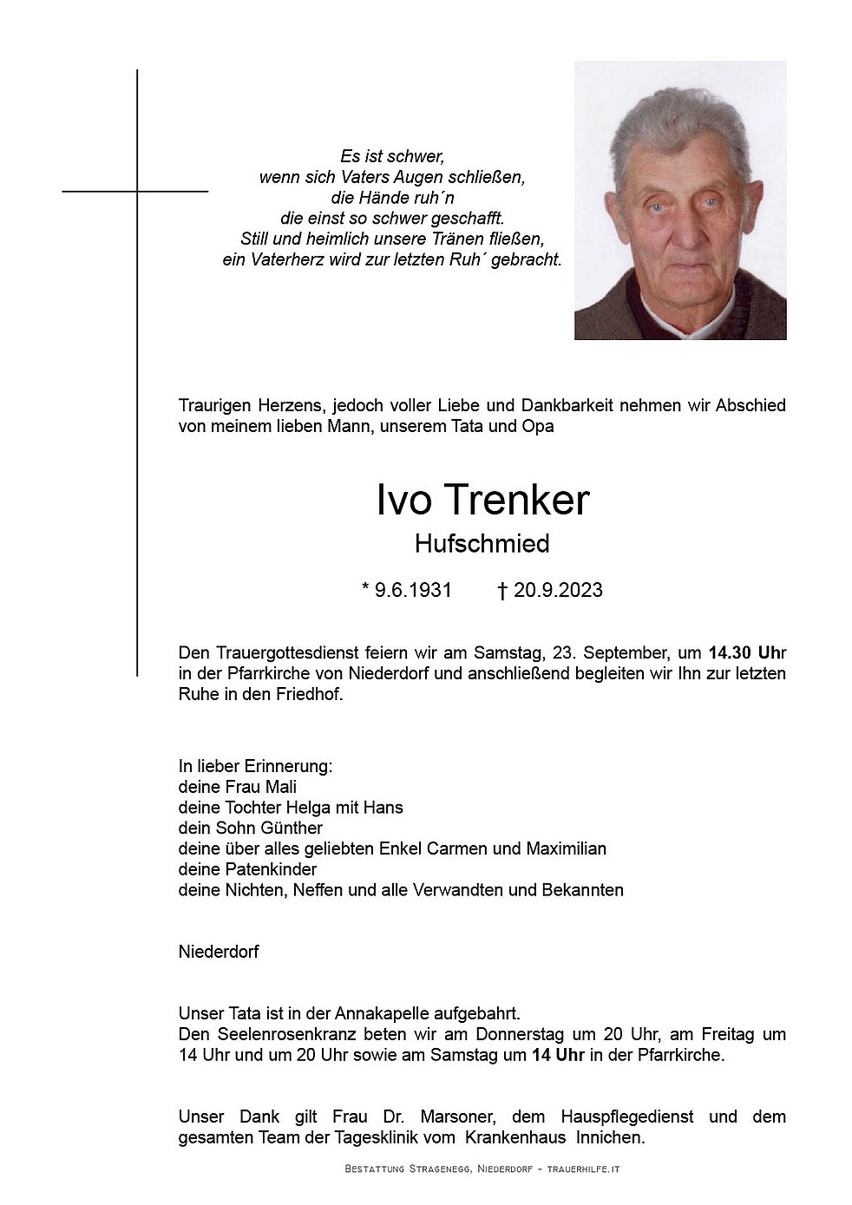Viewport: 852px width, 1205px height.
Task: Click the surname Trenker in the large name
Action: [x=519, y=501]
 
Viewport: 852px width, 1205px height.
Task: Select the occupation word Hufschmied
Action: [x=482, y=544]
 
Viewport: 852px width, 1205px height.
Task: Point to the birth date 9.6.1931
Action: [x=413, y=591]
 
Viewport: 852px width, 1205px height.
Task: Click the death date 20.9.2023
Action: [x=558, y=591]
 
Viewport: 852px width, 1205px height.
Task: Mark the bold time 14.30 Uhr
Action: [x=747, y=652]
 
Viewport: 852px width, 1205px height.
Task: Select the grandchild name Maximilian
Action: [x=566, y=848]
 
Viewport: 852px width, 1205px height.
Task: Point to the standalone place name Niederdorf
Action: [x=218, y=952]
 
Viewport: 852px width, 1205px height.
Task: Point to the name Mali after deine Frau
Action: [x=279, y=787]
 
